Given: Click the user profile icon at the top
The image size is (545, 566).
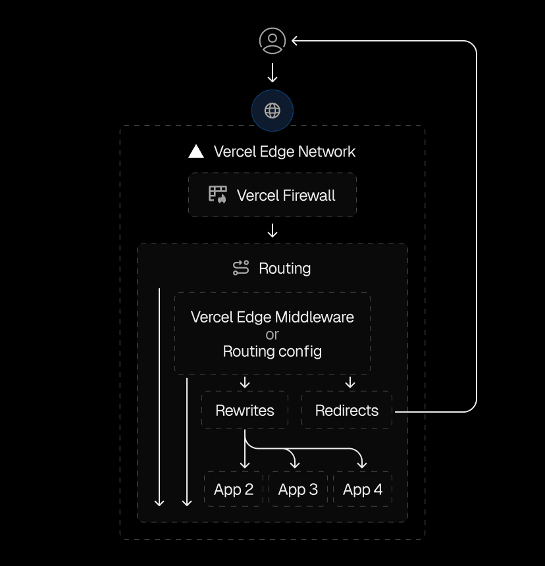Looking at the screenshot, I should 272,41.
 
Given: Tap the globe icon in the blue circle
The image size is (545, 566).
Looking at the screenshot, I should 272,111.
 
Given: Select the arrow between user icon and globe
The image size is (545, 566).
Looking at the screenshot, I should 272,72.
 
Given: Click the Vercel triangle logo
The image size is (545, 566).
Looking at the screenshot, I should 196,151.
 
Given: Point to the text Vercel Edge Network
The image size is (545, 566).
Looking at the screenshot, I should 284,151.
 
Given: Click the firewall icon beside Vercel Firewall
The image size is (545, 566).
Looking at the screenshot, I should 218,195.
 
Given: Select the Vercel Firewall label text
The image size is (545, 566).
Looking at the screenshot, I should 286,195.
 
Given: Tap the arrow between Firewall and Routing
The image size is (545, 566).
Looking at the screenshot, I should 272,230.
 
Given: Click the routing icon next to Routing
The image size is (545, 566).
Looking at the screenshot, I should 241,268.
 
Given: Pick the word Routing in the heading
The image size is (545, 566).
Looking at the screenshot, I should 284,269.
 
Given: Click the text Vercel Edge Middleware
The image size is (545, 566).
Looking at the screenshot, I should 272,317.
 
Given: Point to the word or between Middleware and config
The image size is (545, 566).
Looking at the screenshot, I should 272,334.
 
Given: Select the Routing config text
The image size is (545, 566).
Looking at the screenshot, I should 272,351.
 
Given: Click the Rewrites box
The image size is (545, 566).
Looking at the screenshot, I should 245,411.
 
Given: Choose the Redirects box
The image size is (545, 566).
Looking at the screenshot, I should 347,411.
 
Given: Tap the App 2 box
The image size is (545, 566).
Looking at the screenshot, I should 234,489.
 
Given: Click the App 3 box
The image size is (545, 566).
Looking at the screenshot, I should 298,489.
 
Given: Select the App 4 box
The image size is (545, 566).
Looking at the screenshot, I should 363,489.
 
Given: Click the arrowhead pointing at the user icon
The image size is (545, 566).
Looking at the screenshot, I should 296,41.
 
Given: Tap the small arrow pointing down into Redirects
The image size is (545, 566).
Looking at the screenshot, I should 350,383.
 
